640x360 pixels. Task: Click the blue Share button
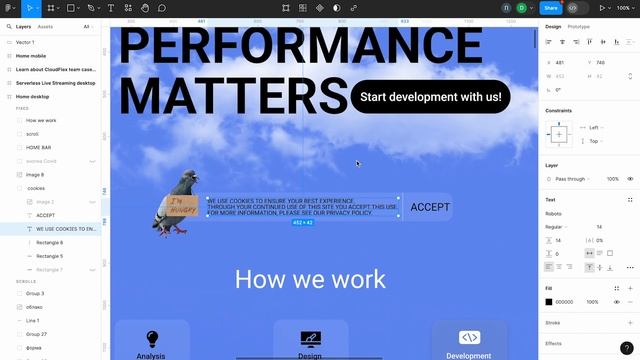(550, 8)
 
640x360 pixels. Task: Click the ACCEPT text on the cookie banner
(430, 207)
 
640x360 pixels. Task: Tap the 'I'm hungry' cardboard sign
(183, 208)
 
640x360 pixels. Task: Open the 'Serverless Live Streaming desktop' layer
(56, 83)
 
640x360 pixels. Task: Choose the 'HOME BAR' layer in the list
(39, 147)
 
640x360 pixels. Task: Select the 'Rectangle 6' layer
(49, 242)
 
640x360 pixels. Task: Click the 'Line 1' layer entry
(33, 320)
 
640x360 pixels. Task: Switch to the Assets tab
(46, 27)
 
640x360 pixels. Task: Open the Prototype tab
(578, 27)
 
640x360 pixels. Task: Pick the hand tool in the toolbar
(145, 8)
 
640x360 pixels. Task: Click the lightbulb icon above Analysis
(152, 339)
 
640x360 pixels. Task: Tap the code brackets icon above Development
(469, 337)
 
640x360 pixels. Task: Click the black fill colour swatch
(549, 302)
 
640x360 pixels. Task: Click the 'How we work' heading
(310, 279)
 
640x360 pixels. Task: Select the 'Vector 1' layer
(26, 42)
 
